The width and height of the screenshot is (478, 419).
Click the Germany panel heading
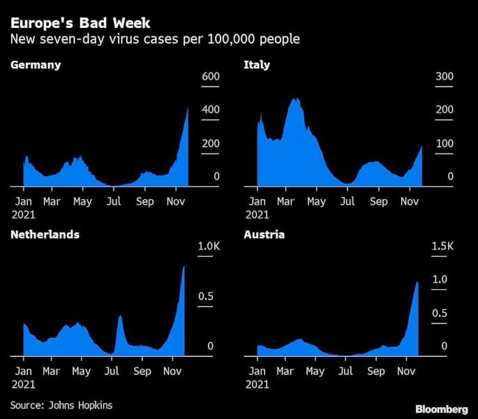tap(36, 65)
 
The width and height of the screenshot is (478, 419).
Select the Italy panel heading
tap(257, 65)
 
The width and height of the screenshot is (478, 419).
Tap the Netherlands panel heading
tap(45, 235)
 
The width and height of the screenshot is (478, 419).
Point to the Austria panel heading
tap(264, 235)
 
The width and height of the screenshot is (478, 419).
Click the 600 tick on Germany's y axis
tap(211, 77)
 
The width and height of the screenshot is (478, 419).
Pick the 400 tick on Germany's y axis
tap(211, 110)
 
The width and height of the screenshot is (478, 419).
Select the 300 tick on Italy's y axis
tap(445, 77)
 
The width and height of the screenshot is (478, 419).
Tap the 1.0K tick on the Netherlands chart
tap(209, 247)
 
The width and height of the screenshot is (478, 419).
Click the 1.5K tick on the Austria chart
tap(442, 247)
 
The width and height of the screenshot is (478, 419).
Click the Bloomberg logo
tap(442, 408)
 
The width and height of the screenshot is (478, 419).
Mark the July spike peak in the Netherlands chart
tap(119, 316)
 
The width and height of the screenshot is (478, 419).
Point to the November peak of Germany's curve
tap(188, 108)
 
